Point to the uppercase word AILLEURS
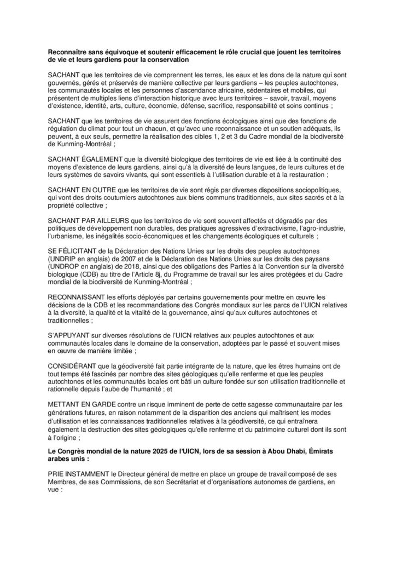tap(110, 219)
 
